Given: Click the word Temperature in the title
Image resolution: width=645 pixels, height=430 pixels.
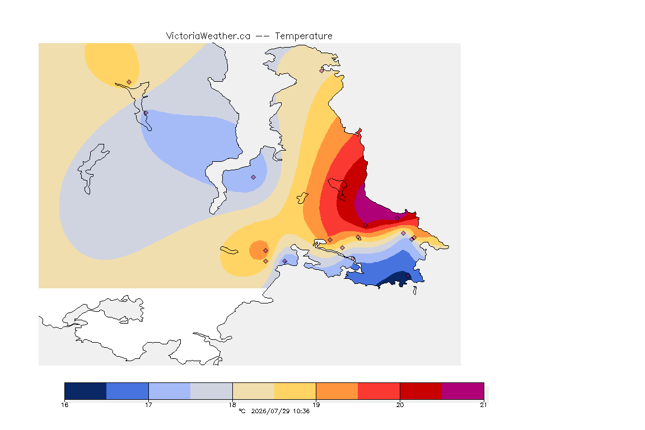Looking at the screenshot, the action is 303,36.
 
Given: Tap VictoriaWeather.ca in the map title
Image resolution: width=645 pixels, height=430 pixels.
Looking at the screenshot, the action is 208,36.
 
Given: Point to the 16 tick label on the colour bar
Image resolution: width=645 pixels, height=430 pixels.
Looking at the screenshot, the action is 64,405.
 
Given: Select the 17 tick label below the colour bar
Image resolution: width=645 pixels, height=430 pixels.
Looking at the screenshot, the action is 148,405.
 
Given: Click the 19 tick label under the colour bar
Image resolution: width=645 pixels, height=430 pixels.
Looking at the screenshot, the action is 316,405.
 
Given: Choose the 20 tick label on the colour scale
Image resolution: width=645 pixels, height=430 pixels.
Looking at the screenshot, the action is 400,405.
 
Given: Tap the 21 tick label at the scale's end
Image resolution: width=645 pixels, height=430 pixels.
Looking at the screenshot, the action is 483,405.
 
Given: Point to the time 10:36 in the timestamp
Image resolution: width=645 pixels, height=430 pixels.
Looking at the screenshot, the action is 301,411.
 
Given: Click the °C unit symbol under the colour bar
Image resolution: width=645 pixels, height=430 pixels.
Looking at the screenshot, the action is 242,411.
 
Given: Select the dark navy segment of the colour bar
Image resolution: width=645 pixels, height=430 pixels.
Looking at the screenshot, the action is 86,391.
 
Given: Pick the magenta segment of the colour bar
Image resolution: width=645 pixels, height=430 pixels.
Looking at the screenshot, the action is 463,391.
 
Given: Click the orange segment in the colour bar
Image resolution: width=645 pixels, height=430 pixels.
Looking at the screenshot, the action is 337,391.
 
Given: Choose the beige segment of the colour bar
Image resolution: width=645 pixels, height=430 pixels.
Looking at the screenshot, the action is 254,391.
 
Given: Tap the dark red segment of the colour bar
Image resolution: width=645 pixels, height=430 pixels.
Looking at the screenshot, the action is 421,391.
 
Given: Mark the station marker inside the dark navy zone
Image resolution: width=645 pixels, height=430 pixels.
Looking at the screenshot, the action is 408,275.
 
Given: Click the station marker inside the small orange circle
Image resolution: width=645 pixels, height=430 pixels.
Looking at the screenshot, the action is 266,250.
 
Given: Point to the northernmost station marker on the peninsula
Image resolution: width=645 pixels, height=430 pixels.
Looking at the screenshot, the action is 322,71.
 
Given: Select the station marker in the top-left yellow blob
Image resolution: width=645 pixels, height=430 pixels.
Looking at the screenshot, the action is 129,82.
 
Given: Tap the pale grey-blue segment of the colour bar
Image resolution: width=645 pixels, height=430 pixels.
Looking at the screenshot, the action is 212,391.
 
